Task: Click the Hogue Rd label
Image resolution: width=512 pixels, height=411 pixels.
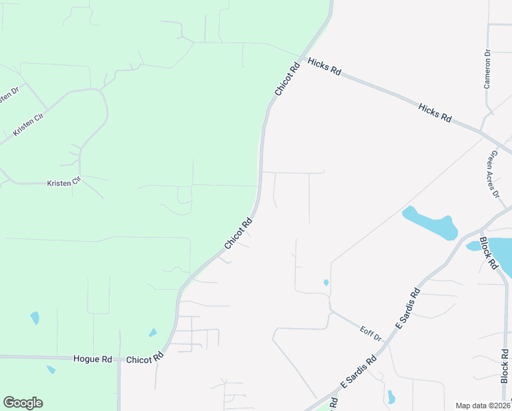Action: coord(92,359)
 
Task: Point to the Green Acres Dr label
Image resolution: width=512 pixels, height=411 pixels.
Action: coord(493,174)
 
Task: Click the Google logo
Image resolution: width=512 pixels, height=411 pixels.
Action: coord(23,403)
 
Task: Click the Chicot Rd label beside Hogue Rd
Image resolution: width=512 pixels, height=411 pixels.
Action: coord(146,358)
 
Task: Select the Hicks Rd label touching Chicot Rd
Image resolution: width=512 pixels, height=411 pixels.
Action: coord(324,67)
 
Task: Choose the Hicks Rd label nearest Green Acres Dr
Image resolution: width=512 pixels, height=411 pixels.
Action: coord(435,113)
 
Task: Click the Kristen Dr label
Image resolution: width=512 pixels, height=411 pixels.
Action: coord(7,95)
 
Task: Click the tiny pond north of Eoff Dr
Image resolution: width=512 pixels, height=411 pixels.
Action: coord(326,282)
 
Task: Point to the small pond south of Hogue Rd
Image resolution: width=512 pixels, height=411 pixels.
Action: coord(51,370)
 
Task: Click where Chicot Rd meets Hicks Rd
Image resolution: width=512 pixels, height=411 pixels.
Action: coord(302,56)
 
